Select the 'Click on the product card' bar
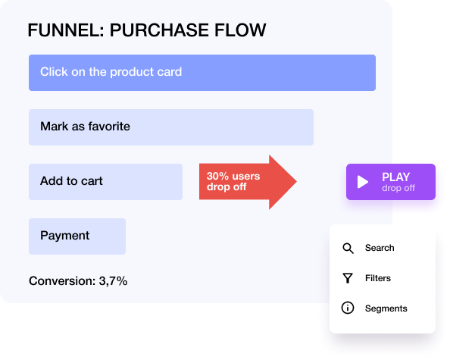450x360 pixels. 202,73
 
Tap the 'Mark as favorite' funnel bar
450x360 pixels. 170,127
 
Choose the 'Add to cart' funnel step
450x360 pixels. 105,182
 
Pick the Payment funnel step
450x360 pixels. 77,236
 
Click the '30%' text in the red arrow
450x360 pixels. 218,177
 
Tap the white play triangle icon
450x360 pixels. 363,182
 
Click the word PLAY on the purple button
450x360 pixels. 395,177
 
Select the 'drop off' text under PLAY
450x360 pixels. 398,188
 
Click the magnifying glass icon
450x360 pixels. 348,248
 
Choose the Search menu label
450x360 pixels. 380,248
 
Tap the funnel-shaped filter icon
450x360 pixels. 348,278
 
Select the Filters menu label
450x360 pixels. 378,278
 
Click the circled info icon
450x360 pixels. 348,308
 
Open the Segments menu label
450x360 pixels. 386,308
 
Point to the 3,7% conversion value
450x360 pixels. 113,281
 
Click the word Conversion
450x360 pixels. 61,281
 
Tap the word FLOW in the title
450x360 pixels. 237,31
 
